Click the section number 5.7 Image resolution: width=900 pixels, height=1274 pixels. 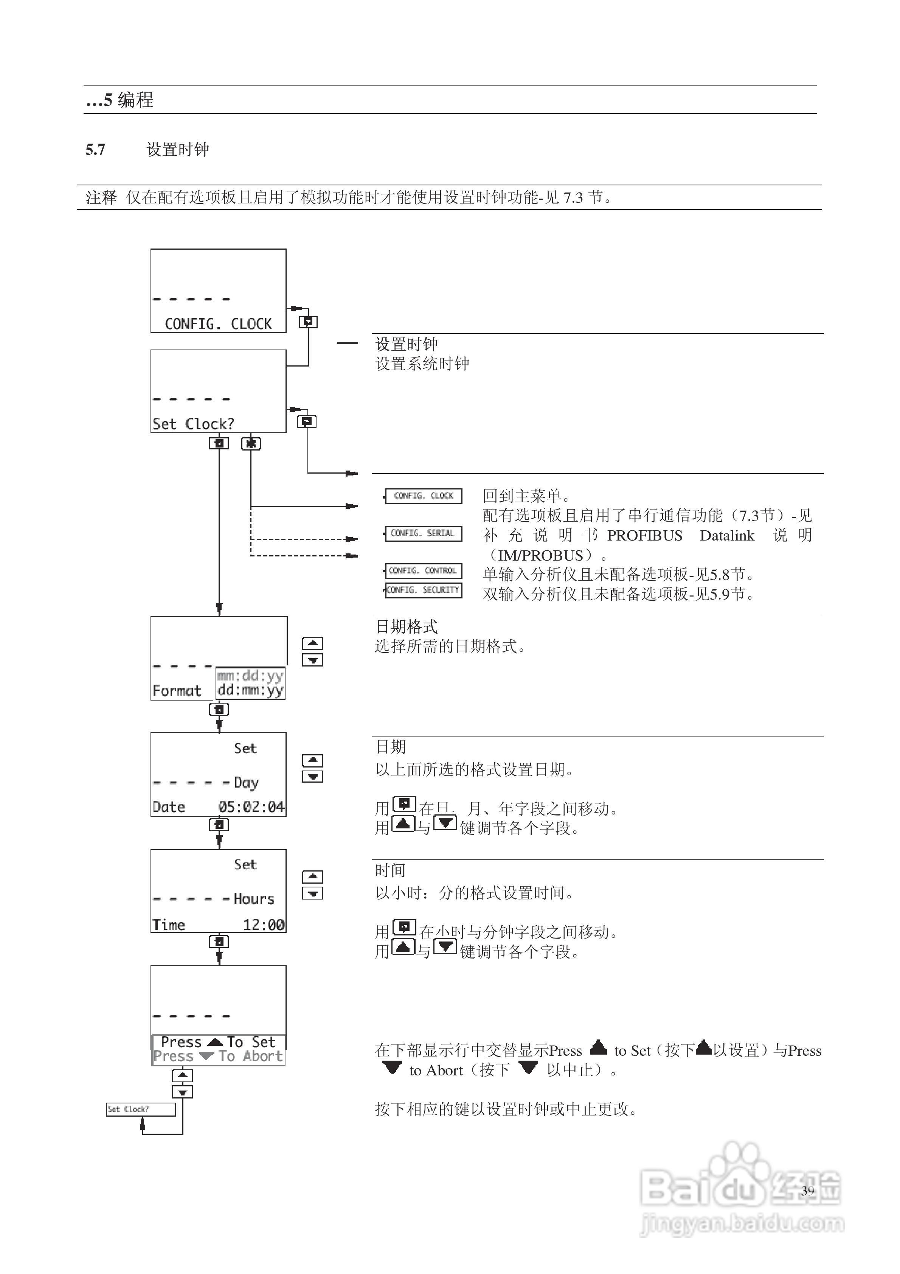pyautogui.click(x=95, y=149)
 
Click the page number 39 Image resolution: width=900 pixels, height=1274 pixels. pyautogui.click(x=807, y=1190)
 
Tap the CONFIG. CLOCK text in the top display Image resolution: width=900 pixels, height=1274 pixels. pyautogui.click(x=218, y=324)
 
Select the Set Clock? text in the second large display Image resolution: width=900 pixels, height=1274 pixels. pyautogui.click(x=193, y=424)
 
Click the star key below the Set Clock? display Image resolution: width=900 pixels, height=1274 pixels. pyautogui.click(x=251, y=444)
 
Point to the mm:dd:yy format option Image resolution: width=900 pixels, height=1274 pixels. pyautogui.click(x=250, y=675)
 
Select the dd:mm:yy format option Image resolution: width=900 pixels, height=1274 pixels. pyautogui.click(x=250, y=690)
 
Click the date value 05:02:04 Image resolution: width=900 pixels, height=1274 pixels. pyautogui.click(x=251, y=807)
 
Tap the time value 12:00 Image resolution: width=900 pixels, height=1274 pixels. pyautogui.click(x=264, y=924)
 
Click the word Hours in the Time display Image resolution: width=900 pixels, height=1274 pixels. pyautogui.click(x=254, y=898)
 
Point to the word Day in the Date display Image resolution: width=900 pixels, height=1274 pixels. pyautogui.click(x=246, y=782)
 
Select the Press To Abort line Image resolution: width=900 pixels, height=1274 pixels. pyautogui.click(x=218, y=1056)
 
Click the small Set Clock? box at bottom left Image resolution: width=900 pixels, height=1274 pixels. pyautogui.click(x=141, y=1109)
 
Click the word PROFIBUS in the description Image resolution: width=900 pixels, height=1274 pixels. pyautogui.click(x=645, y=536)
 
